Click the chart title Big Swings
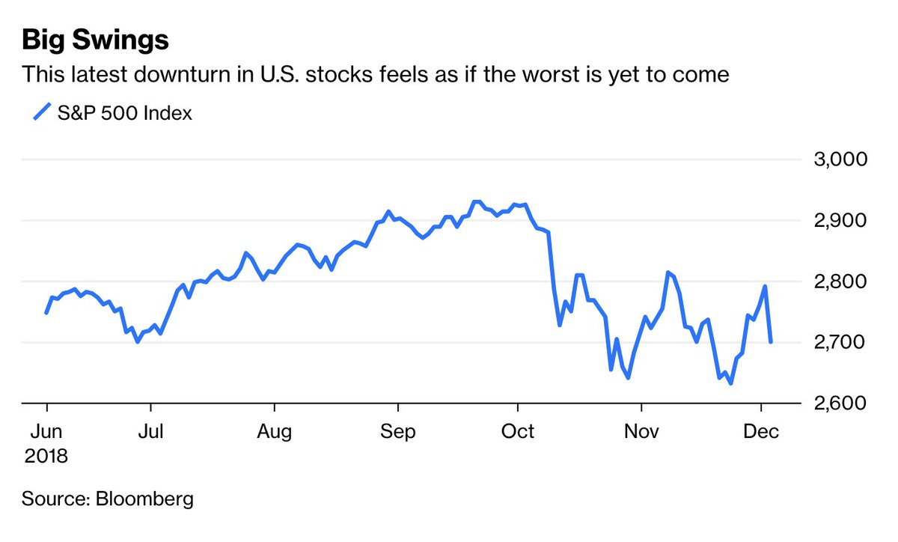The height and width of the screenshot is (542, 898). tap(95, 40)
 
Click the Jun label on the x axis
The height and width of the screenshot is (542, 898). tap(45, 432)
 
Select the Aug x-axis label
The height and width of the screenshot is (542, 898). tap(275, 432)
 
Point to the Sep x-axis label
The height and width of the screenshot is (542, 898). tap(397, 432)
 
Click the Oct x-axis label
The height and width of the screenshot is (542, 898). tap(517, 432)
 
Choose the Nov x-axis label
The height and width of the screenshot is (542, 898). tap(641, 432)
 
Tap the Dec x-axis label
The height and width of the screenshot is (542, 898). tap(761, 432)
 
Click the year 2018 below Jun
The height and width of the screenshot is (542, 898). tap(45, 456)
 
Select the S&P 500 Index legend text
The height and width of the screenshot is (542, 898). tap(125, 114)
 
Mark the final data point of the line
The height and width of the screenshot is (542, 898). tap(771, 342)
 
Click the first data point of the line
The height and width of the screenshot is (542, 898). tap(46, 313)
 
